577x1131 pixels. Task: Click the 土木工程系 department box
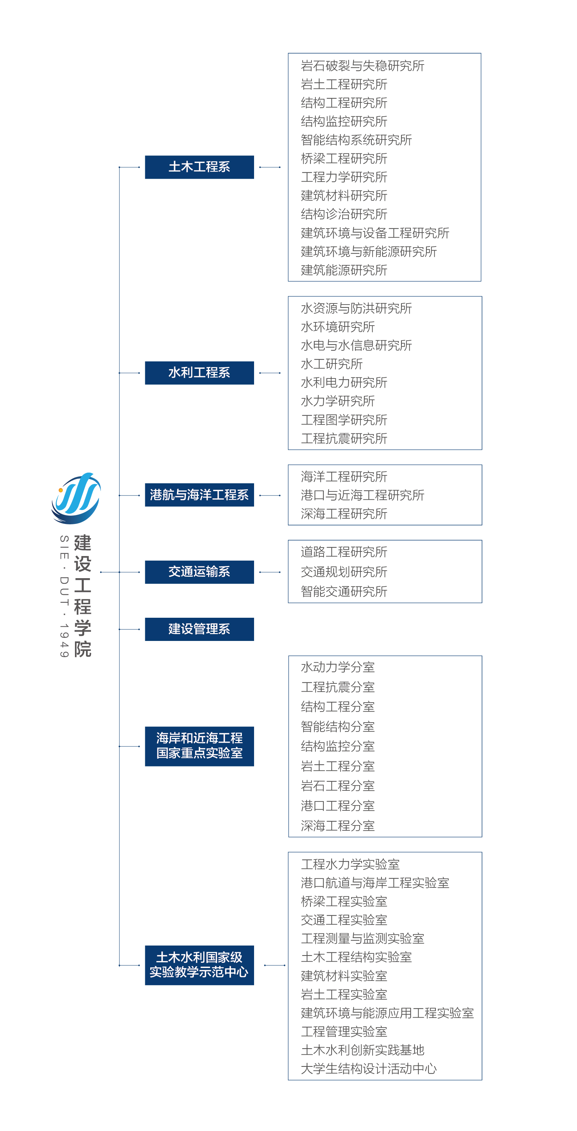pos(199,167)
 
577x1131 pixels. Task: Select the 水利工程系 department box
pos(199,373)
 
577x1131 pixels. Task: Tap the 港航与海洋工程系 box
pos(199,495)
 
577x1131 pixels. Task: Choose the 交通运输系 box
pos(199,572)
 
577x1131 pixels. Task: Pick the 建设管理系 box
pos(199,629)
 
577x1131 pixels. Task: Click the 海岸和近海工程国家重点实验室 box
pos(199,746)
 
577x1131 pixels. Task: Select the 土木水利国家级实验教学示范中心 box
pos(199,965)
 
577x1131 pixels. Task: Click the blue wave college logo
pos(76,498)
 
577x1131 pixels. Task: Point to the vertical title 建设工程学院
pos(82,596)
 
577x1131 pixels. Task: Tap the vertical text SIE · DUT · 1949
pos(64,596)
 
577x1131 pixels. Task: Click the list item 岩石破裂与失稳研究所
pos(362,66)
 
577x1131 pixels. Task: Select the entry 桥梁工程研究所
pos(344,158)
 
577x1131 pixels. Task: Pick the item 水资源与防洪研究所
pos(356,308)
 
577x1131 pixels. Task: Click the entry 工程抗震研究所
pos(344,438)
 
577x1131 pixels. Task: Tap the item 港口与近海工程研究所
pos(362,495)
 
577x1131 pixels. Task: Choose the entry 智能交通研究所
pos(344,591)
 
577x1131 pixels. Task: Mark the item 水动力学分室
pos(338,667)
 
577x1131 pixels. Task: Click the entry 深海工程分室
pos(338,825)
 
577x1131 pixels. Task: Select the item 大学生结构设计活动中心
pos(368,1068)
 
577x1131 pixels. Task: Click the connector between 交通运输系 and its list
pos(270,572)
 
